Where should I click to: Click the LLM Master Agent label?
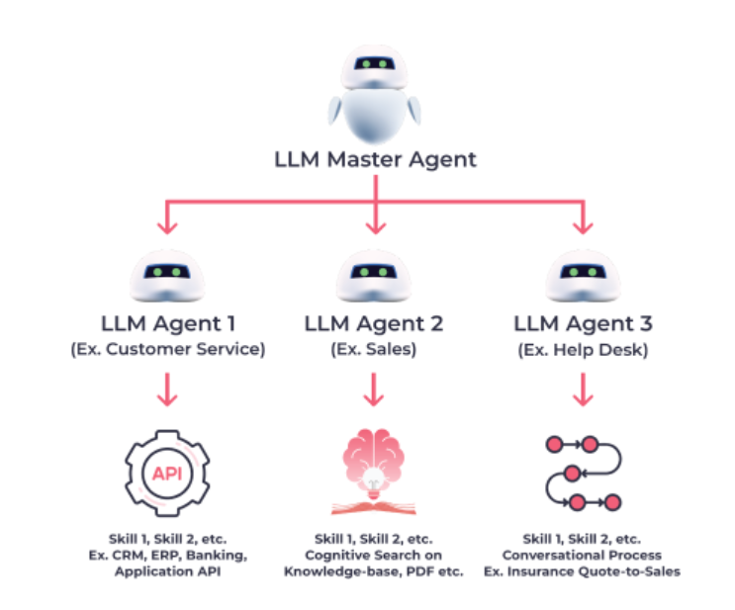tap(375, 160)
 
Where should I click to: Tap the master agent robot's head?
tap(374, 66)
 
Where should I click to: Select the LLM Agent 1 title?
tap(168, 323)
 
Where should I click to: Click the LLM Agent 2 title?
tap(374, 323)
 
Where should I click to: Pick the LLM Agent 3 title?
tap(583, 323)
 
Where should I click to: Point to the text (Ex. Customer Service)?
tap(168, 350)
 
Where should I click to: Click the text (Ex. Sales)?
tap(374, 350)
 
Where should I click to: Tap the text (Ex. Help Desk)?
tap(583, 350)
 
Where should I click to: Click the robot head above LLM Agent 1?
tap(167, 276)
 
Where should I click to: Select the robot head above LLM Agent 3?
tap(583, 276)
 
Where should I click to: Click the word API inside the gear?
tap(167, 474)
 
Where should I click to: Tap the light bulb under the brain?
tap(373, 483)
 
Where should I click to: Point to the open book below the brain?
tap(374, 507)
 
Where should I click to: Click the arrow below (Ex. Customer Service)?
tap(167, 390)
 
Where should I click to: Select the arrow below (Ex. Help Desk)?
tap(583, 390)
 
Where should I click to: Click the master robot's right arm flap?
tap(413, 111)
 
